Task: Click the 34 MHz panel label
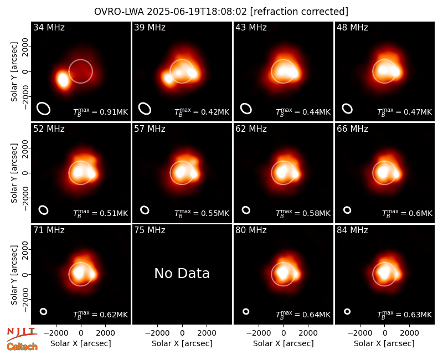[49, 27]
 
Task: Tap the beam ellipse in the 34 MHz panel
[44, 109]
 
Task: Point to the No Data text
[182, 273]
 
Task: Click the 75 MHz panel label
[150, 230]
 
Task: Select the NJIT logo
[22, 334]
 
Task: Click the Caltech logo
[22, 347]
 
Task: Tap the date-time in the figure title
[197, 12]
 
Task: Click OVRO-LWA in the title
[119, 12]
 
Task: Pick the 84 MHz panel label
[352, 230]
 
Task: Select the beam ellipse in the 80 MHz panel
[246, 311]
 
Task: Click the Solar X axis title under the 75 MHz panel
[182, 343]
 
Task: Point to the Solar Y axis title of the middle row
[14, 173]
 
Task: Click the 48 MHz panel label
[352, 27]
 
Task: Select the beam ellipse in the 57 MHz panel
[145, 210]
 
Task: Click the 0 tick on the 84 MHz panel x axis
[384, 333]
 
